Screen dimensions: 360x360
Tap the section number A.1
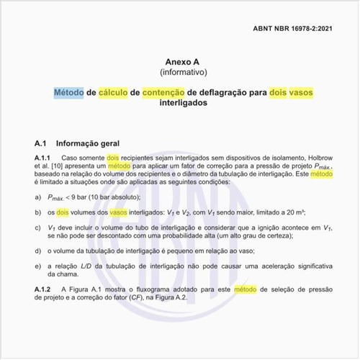click(42, 143)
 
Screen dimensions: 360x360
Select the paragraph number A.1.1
click(42, 157)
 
